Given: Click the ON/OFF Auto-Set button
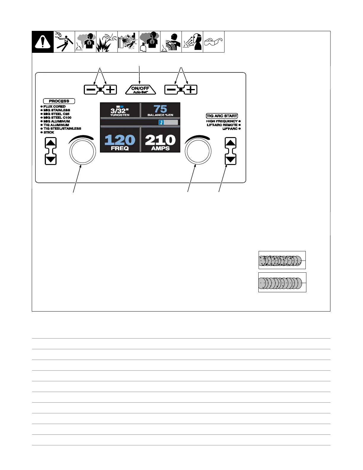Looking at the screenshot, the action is click(140, 90).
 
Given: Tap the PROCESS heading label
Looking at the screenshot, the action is click(59, 101).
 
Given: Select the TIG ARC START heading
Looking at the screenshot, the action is click(222, 116).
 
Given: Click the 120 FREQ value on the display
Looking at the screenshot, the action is click(120, 142).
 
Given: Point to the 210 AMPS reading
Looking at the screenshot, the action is click(160, 142).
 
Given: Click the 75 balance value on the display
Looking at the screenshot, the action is click(160, 109).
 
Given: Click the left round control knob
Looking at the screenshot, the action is click(82, 151).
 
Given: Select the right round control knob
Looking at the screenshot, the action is click(198, 151).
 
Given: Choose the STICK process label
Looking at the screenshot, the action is click(49, 132).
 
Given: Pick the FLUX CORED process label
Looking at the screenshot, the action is click(55, 107).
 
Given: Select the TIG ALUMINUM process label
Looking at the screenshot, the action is click(56, 125).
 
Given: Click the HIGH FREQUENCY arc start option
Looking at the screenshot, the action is click(222, 121).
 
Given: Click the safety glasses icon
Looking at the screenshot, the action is click(214, 42).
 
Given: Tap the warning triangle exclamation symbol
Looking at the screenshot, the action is click(43, 42).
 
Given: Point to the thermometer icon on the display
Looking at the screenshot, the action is click(161, 123).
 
